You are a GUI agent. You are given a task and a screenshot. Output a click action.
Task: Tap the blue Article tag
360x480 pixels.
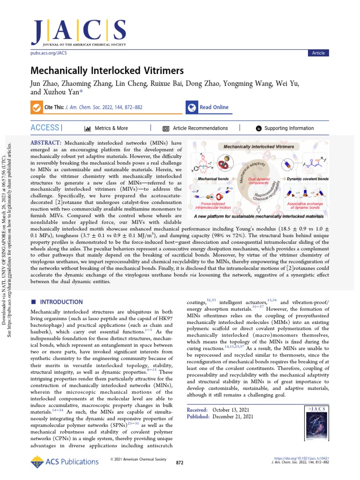pyautogui.click(x=318, y=53)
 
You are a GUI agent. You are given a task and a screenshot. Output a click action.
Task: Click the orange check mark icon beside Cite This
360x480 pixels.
pyautogui.click(x=36, y=107)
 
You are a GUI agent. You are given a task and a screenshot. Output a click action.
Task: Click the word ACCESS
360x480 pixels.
pyautogui.click(x=45, y=128)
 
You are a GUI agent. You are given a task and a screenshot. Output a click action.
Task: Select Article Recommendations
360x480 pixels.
pyautogui.click(x=200, y=128)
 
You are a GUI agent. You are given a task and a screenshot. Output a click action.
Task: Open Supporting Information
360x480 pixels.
pyautogui.click(x=289, y=128)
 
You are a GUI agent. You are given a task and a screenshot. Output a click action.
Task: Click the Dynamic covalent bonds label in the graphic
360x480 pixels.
pyautogui.click(x=307, y=179)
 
